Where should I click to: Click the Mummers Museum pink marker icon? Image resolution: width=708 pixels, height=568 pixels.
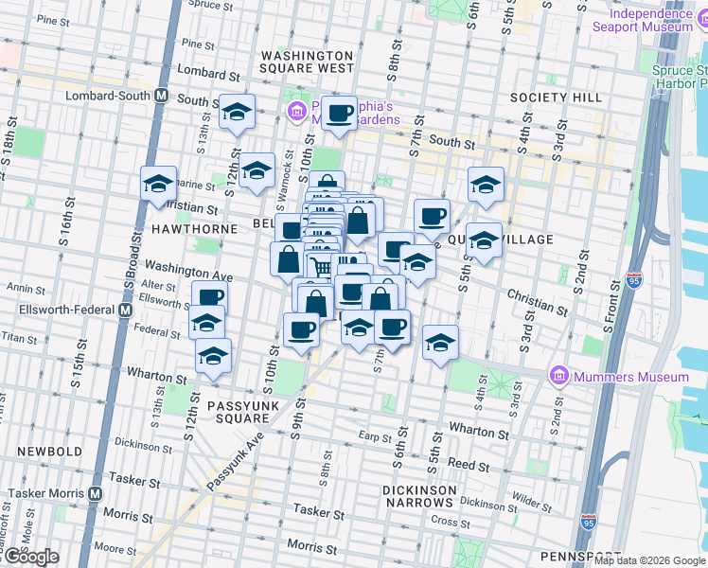[x=558, y=377]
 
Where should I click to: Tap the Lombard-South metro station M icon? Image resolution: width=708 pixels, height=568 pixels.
[x=162, y=97]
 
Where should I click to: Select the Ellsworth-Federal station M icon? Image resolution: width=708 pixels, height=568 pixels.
[x=124, y=311]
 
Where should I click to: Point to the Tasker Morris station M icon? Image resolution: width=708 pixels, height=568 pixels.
[x=96, y=493]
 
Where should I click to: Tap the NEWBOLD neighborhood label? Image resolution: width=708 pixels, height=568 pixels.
[x=37, y=452]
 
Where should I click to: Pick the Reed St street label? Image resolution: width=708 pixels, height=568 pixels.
[x=468, y=465]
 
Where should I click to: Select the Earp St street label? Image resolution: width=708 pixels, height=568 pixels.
[x=376, y=437]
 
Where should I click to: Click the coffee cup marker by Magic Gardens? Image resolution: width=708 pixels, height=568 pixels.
[x=339, y=114]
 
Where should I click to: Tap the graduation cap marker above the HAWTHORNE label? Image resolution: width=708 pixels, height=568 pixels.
[x=159, y=183]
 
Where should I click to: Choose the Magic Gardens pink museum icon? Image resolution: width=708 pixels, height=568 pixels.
[x=296, y=112]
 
